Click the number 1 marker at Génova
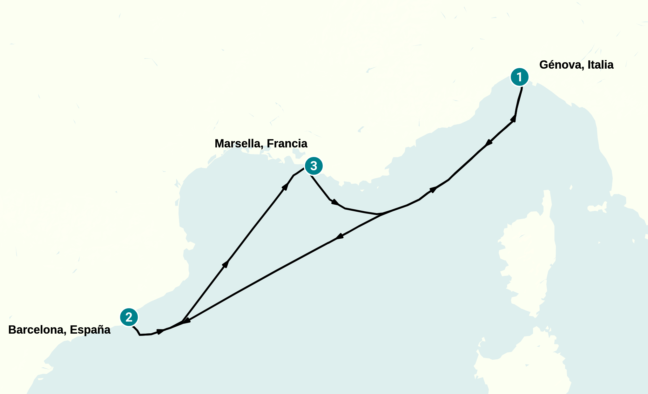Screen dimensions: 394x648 coord(519,77)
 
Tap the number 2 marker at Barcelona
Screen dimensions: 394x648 coord(129,317)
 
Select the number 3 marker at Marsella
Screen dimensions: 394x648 coord(314,166)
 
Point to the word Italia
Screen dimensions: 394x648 coord(600,65)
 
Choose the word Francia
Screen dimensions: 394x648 coord(287,144)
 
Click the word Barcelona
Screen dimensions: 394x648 coord(37,330)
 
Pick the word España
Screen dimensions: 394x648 coord(90,330)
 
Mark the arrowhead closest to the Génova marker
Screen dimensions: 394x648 coord(513,118)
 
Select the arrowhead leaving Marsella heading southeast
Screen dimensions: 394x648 coord(334,202)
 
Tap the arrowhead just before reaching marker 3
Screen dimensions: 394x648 coord(286,186)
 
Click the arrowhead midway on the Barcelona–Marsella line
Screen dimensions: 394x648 coord(226,264)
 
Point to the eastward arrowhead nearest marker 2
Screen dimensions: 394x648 coord(160,331)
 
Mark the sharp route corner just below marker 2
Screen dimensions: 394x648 coord(140,335)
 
